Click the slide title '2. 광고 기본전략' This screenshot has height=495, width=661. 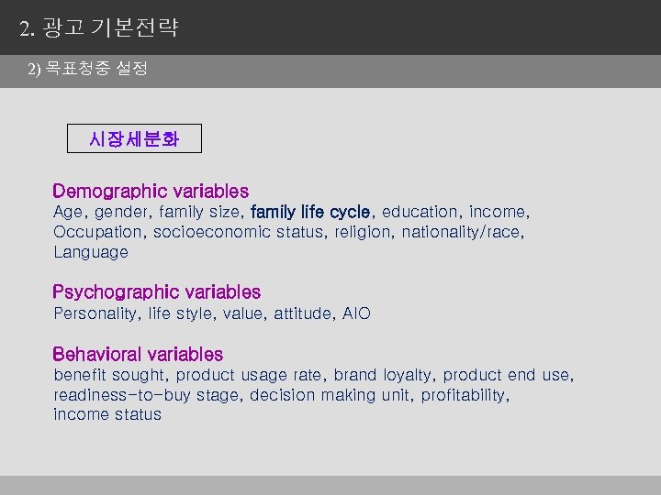pyautogui.click(x=99, y=27)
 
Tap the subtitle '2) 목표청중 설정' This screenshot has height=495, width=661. pyautogui.click(x=87, y=69)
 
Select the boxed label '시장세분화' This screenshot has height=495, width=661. pyautogui.click(x=134, y=139)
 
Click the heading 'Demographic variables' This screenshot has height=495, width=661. pyautogui.click(x=151, y=192)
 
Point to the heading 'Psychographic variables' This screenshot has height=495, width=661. pyautogui.click(x=156, y=292)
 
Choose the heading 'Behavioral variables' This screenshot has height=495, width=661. pyautogui.click(x=138, y=354)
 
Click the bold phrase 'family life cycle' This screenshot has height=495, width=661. pyautogui.click(x=310, y=212)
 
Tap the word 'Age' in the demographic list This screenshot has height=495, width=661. pyautogui.click(x=68, y=212)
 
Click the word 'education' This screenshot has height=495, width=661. pyautogui.click(x=419, y=212)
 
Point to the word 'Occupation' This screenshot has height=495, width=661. pyautogui.click(x=98, y=232)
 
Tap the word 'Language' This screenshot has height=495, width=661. pyautogui.click(x=91, y=252)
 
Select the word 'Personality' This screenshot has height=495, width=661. pyautogui.click(x=95, y=313)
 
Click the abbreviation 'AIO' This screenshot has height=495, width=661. pyautogui.click(x=356, y=313)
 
